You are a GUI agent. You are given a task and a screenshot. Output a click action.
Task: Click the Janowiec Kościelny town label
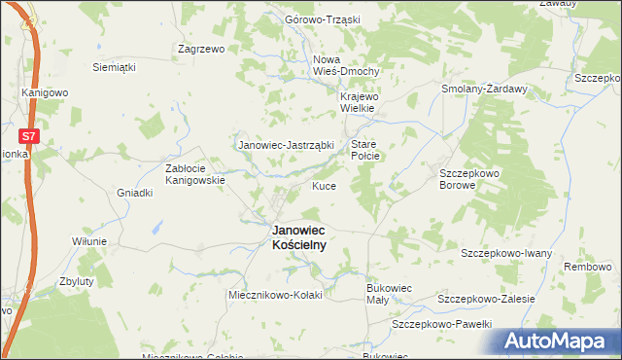click(298, 238)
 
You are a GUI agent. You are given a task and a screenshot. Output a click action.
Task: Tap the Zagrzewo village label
click(201, 48)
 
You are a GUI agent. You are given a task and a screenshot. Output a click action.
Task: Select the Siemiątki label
click(113, 67)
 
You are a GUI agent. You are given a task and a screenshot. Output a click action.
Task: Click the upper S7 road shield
click(29, 138)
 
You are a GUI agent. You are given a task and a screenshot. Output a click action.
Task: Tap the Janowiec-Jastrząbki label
click(287, 145)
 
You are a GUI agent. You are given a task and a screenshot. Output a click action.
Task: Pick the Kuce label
click(324, 186)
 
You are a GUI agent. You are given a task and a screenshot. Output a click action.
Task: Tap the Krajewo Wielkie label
click(364, 103)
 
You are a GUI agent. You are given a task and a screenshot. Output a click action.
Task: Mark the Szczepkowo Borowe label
click(457, 177)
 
